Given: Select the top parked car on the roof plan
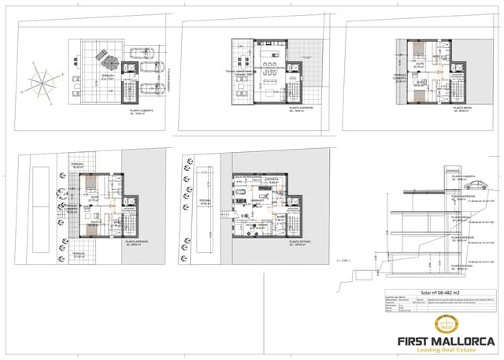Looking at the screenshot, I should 146,56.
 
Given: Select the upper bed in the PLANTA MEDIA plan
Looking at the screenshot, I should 417,58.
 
